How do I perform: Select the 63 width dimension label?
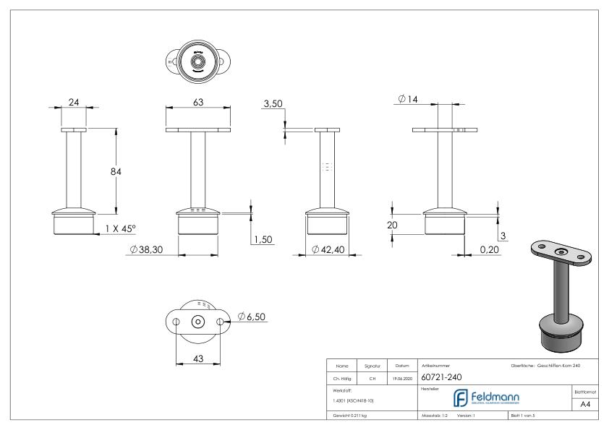click(x=197, y=103)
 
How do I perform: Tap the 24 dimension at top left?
click(x=73, y=103)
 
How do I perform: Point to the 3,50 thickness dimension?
click(x=273, y=105)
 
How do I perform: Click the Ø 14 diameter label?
click(x=408, y=99)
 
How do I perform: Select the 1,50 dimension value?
click(x=261, y=241)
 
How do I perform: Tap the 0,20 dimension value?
click(x=489, y=249)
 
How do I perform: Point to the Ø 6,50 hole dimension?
click(x=254, y=317)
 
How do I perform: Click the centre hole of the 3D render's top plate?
click(x=561, y=251)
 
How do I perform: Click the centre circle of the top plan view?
click(x=197, y=61)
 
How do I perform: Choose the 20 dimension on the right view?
click(x=392, y=225)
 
